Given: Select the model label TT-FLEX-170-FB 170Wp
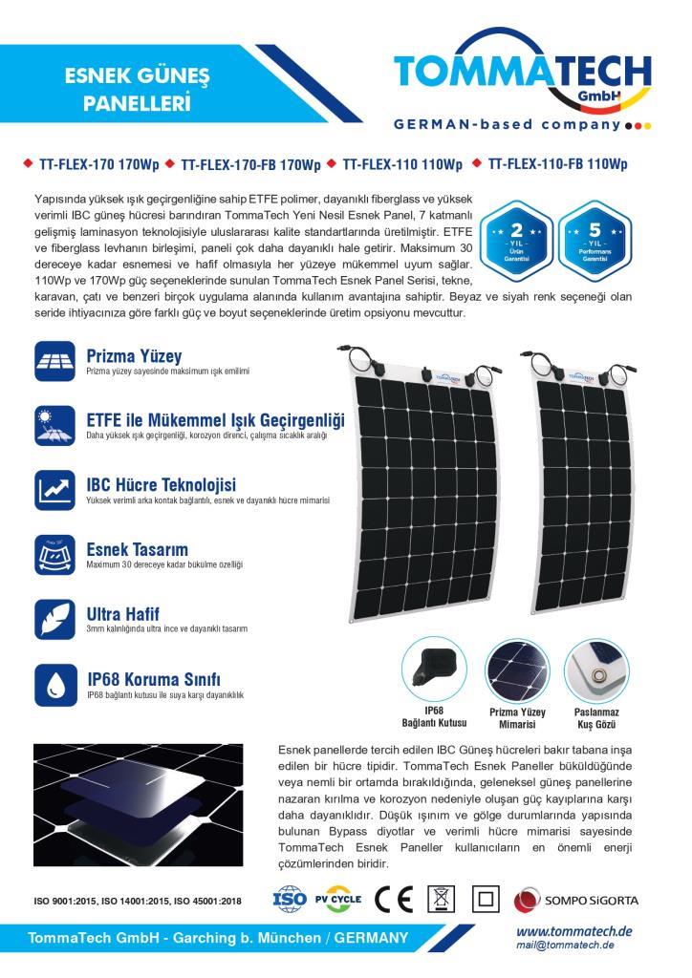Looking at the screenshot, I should [x=249, y=164].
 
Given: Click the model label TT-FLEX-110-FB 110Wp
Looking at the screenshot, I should [x=557, y=164].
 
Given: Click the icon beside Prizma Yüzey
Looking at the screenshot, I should [x=54, y=362].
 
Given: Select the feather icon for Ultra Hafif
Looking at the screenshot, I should [x=54, y=618].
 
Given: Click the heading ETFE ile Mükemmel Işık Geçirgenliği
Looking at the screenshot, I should [x=215, y=420].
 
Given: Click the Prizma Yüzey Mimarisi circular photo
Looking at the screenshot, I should [x=517, y=670].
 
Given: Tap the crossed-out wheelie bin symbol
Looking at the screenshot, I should [x=441, y=900].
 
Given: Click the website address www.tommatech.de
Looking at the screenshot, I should [x=574, y=932].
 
